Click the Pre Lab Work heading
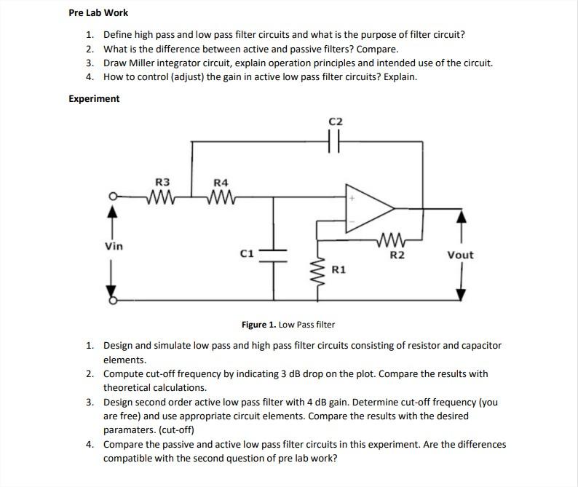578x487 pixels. tap(98, 13)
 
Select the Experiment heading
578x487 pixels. tap(94, 98)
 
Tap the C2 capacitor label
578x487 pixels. tap(336, 121)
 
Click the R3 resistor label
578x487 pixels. tap(163, 181)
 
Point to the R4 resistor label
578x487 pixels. tap(221, 181)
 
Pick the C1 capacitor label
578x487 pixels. tap(247, 253)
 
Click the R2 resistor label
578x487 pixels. tap(397, 255)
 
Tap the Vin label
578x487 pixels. tap(114, 246)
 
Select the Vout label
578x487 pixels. tap(460, 255)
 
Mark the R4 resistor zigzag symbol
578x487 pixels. tap(221, 195)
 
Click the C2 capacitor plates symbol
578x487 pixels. tap(336, 143)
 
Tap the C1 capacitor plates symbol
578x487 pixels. tap(274, 253)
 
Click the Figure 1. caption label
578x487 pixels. tap(288, 324)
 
